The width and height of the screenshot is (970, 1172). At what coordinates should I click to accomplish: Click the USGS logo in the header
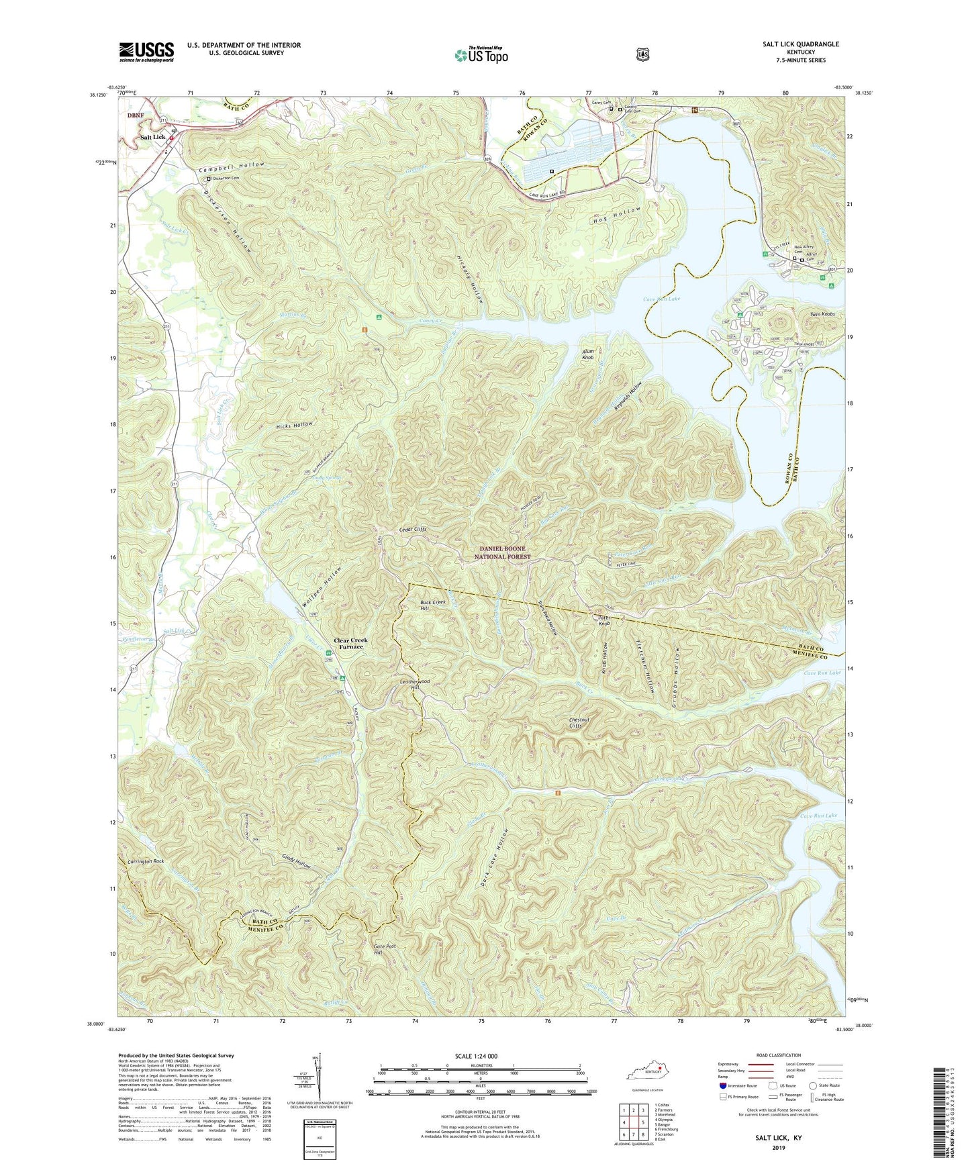[146, 52]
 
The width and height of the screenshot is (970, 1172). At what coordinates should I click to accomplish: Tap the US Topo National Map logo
[481, 54]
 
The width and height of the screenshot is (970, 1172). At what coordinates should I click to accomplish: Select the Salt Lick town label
[152, 137]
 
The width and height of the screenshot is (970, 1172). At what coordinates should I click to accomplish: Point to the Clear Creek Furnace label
[351, 643]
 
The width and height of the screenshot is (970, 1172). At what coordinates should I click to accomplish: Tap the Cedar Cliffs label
[412, 530]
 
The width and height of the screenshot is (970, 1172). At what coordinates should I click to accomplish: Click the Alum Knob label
[587, 355]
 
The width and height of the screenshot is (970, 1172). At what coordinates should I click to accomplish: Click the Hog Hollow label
[617, 216]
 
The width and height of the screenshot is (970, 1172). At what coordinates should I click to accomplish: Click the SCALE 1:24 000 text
[476, 1056]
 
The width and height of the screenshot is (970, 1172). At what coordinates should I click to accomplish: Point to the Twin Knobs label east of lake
[823, 314]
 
